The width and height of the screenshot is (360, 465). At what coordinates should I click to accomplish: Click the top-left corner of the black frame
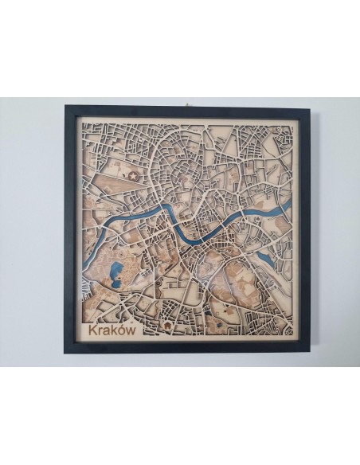(x=65, y=106)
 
